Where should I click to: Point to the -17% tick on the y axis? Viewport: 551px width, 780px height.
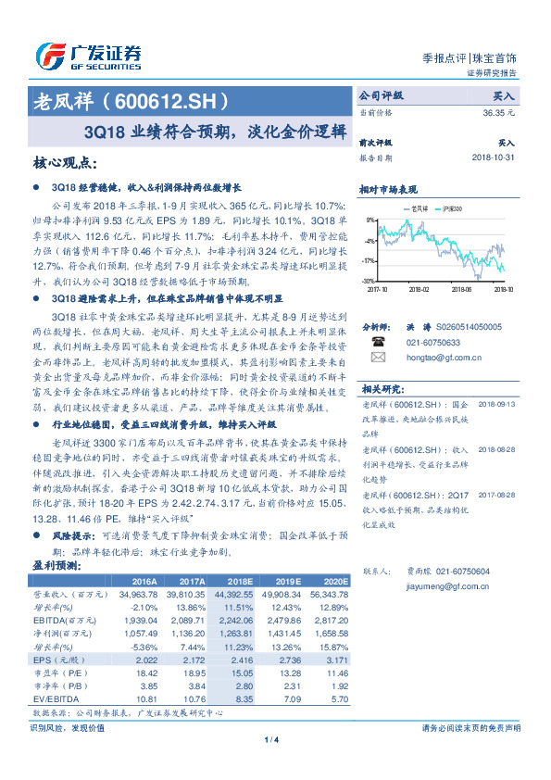coord(369,260)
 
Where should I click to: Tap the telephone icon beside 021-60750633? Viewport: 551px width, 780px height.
coord(377,342)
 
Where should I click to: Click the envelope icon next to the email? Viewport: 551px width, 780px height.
coord(377,356)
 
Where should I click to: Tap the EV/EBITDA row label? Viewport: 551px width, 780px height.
coord(53,698)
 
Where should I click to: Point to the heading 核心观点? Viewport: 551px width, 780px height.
coord(64,163)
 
